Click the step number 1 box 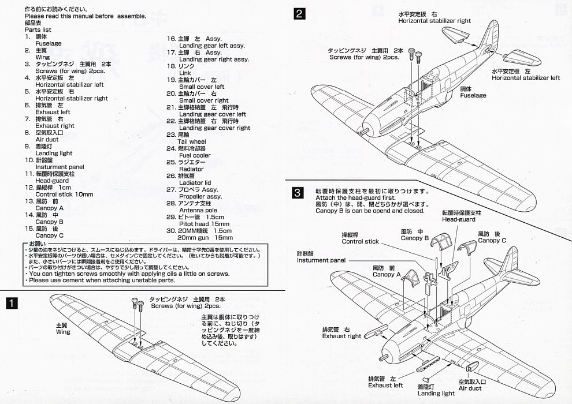click(11, 303)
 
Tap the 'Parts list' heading click(39, 29)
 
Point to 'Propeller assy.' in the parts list click(200, 196)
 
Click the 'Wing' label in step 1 click(63, 332)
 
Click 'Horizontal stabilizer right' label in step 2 click(434, 21)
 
